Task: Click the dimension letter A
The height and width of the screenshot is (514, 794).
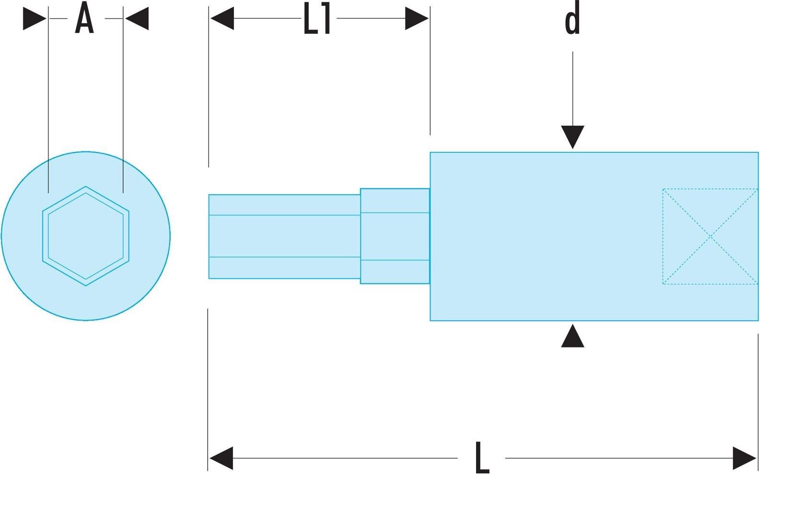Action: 84,18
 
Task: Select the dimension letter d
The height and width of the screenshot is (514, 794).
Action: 572,18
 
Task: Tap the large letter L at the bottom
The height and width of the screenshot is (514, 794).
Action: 482,458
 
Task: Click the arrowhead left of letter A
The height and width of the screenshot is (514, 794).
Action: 35,18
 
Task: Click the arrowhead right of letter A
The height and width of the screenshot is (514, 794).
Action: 137,18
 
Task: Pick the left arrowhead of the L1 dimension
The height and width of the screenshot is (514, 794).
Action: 222,18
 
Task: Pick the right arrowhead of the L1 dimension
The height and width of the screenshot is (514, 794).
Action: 417,18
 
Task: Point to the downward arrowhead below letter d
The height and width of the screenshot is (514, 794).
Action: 572,137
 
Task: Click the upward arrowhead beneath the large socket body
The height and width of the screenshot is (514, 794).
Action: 572,336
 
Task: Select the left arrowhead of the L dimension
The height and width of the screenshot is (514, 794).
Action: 221,458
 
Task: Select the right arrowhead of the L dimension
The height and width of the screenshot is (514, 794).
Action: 744,458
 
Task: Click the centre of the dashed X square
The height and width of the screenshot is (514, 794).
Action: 710,236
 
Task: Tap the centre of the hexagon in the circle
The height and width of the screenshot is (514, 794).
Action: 86,236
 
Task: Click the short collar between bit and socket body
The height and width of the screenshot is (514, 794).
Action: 395,236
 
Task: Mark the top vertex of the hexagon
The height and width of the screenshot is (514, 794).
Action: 86,187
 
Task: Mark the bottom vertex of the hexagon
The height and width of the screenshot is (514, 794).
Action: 86,285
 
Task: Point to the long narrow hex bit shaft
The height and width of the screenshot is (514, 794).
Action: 284,236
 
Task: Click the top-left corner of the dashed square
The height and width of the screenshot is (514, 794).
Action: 663,189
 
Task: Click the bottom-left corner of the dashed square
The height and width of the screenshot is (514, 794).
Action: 663,284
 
